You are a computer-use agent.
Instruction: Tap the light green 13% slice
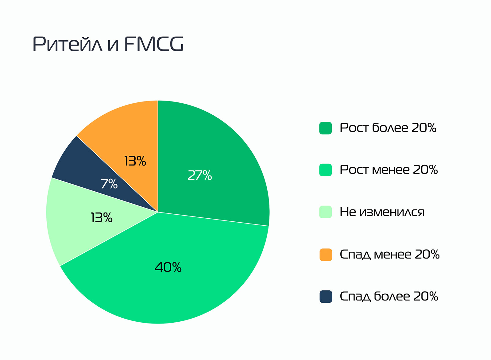click(x=71, y=227)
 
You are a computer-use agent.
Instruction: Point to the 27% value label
click(x=199, y=175)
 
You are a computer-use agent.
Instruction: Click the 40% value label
click(x=168, y=267)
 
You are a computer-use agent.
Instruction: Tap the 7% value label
click(x=109, y=184)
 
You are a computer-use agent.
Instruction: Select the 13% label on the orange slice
click(x=135, y=161)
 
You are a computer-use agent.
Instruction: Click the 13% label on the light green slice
click(x=102, y=218)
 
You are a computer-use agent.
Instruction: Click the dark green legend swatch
click(x=326, y=128)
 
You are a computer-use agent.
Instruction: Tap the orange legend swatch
click(x=326, y=255)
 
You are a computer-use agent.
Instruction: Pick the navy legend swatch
click(x=326, y=297)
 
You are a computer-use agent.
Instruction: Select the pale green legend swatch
click(x=326, y=212)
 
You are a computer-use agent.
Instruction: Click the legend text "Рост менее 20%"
click(x=389, y=170)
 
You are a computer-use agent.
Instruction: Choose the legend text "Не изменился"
click(x=382, y=212)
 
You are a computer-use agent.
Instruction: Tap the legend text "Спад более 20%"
click(x=389, y=297)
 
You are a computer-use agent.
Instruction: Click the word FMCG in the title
click(x=154, y=44)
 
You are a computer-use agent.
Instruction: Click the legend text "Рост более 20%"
click(x=388, y=128)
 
